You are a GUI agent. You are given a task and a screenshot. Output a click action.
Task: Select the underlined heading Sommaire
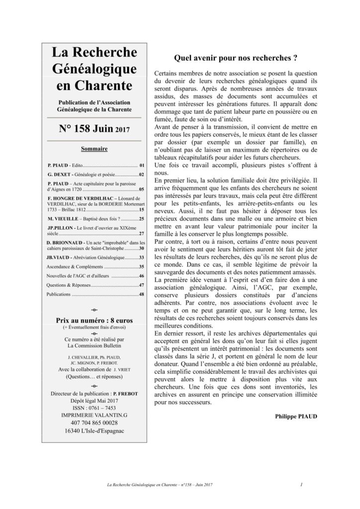click(x=94, y=149)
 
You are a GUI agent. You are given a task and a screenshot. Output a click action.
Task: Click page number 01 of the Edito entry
click(x=141, y=164)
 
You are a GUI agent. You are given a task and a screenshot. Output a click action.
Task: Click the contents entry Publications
click(x=58, y=295)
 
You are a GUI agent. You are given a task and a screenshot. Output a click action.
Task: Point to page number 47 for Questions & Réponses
click(x=141, y=285)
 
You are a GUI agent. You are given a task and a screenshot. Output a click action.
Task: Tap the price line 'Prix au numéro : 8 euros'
click(x=94, y=319)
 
